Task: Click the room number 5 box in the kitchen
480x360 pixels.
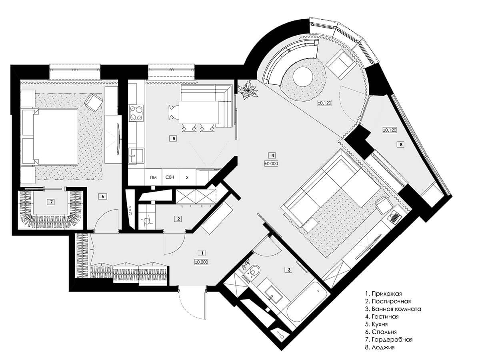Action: click(x=173, y=138)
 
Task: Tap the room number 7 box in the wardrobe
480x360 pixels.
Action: click(x=51, y=202)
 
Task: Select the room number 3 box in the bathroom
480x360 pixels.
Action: click(x=289, y=270)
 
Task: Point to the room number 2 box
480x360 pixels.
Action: click(x=178, y=219)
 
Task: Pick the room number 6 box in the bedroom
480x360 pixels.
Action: click(x=102, y=196)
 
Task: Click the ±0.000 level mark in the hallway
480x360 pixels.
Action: click(x=202, y=262)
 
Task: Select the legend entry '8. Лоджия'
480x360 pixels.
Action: click(x=380, y=347)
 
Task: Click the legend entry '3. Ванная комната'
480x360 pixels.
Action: click(x=393, y=309)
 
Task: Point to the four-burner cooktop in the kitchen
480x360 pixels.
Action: click(x=136, y=113)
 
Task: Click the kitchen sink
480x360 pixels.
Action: click(x=136, y=156)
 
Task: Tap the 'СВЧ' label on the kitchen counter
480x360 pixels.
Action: click(x=170, y=177)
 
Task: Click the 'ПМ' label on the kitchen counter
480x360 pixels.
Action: click(x=154, y=177)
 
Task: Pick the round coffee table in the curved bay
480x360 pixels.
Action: click(x=303, y=76)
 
